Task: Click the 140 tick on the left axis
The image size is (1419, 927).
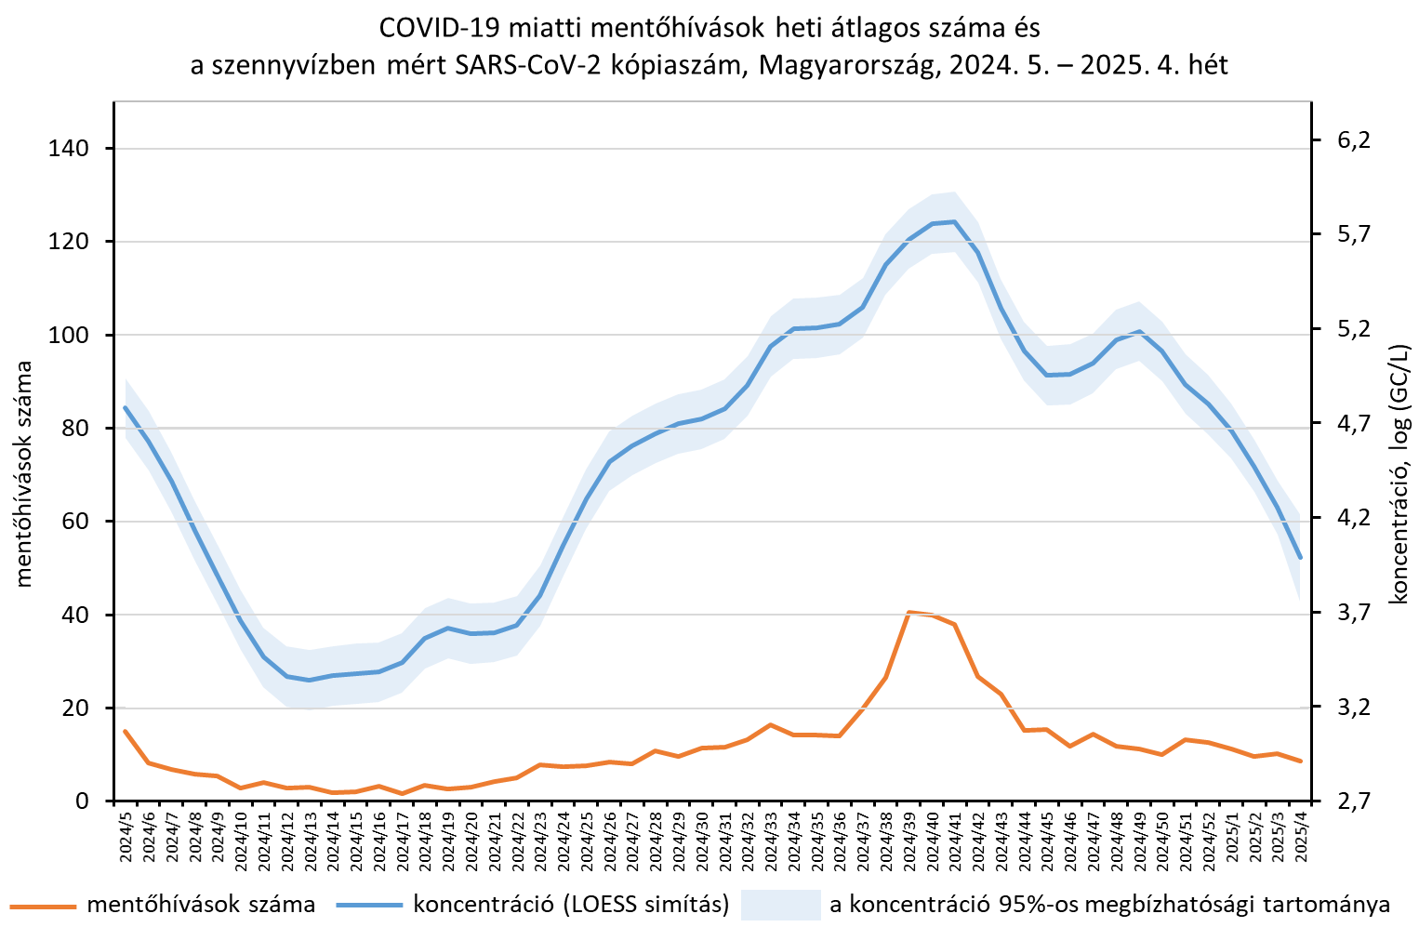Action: (68, 149)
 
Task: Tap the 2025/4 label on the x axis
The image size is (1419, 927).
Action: (1301, 837)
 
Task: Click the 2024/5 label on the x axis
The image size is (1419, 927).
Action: (126, 837)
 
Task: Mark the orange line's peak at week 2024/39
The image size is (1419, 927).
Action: (908, 612)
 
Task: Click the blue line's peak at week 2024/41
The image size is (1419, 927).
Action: (954, 221)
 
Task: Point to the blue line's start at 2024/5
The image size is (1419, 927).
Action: (126, 407)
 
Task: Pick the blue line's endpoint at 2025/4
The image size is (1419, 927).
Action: (1301, 558)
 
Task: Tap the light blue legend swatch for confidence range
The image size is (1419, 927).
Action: (780, 904)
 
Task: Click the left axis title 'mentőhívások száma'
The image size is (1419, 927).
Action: (23, 474)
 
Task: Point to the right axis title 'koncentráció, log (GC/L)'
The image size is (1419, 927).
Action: (1399, 474)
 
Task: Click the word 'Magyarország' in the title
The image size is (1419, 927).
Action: (845, 65)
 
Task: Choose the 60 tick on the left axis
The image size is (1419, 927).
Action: (73, 522)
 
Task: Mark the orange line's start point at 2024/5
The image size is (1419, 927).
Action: (126, 731)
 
